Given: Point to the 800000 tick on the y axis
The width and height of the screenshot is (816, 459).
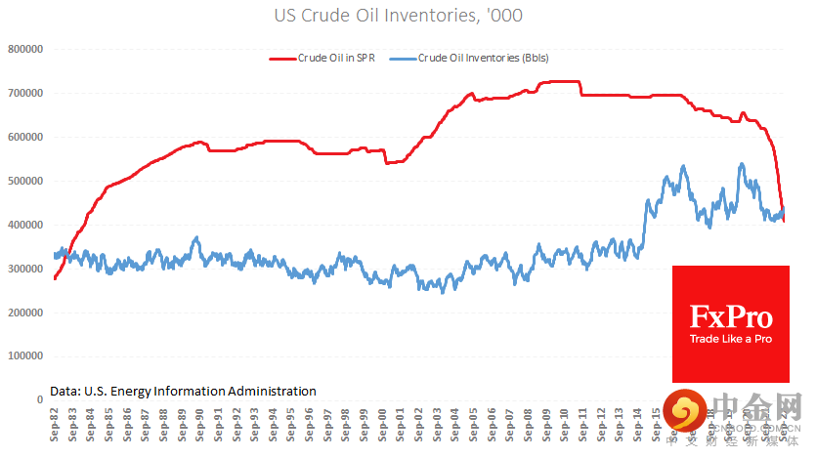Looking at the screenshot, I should click(27, 49).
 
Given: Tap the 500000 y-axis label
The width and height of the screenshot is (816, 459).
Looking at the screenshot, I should click(27, 181).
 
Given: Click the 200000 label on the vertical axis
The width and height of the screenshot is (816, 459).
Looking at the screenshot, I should click(27, 313).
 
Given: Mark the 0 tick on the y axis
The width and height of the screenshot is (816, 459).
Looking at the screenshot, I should click(40, 399).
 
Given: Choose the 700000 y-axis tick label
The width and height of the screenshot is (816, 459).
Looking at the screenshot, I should click(27, 93).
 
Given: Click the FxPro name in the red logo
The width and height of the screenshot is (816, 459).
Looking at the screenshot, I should click(731, 317).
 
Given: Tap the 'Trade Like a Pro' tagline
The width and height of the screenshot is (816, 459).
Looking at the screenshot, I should click(731, 338).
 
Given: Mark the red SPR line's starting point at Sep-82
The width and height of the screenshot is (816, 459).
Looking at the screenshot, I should click(55, 278).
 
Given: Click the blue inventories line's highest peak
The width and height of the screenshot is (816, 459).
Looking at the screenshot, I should click(741, 164).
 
